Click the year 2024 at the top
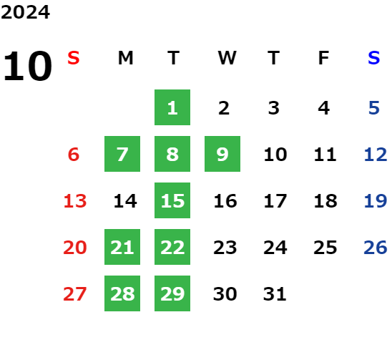[25, 12]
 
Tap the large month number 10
[27, 66]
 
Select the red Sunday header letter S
[74, 58]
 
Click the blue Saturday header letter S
[373, 58]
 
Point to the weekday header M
[125, 58]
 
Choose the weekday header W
[227, 58]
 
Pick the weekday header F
[324, 58]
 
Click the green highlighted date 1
[172, 107]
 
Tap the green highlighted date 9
[222, 154]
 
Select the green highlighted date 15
[172, 200]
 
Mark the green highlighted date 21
[122, 247]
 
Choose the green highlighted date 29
[172, 293]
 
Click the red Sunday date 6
[74, 155]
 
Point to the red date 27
[74, 294]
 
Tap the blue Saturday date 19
[376, 201]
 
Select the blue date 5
[374, 108]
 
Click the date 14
[125, 201]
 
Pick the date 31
[275, 294]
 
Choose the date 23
[225, 248]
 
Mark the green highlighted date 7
[122, 154]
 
